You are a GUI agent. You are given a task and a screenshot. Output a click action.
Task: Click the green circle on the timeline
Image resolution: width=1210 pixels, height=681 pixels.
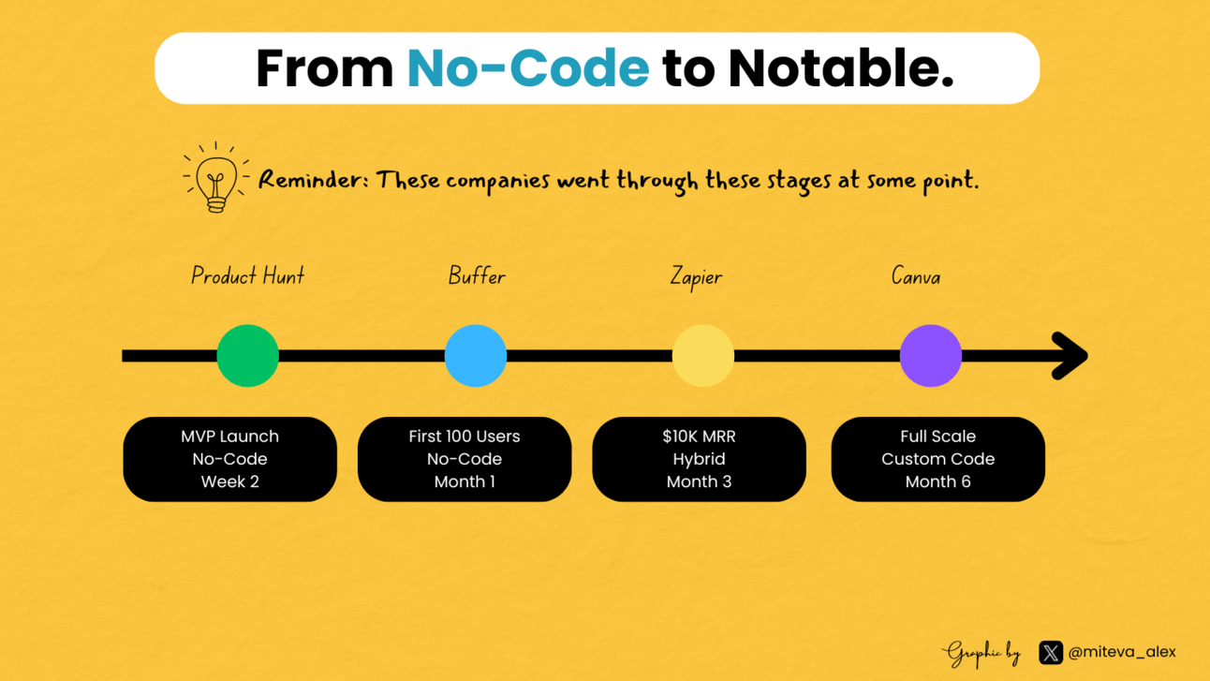click(247, 356)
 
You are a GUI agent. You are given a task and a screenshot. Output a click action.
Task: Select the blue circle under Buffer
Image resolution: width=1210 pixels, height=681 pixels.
click(476, 356)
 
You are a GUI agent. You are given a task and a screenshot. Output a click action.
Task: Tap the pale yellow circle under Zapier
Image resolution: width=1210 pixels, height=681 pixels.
click(702, 356)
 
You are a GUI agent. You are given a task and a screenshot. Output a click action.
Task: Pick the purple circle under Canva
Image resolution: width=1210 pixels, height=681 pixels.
click(930, 356)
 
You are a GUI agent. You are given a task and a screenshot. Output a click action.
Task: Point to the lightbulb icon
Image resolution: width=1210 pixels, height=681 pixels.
click(216, 177)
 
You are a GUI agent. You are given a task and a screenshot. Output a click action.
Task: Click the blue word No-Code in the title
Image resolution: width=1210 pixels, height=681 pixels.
click(528, 68)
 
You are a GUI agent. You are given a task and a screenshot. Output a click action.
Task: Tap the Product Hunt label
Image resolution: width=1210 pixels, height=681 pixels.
click(248, 275)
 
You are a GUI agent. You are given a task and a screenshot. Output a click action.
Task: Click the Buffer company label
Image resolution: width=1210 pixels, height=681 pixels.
click(477, 276)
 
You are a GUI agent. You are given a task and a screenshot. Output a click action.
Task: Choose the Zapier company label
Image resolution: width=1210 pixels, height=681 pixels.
click(696, 276)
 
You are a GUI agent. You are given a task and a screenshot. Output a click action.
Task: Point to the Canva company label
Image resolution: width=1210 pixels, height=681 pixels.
click(916, 276)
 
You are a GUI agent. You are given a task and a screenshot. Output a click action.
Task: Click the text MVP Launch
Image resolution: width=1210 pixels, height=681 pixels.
click(230, 437)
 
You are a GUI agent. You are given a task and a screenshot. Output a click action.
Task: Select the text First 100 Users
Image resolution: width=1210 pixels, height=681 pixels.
click(465, 437)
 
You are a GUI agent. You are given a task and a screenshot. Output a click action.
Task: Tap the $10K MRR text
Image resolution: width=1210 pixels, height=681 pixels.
click(699, 437)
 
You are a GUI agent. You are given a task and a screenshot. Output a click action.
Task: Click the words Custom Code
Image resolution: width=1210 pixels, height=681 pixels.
click(938, 459)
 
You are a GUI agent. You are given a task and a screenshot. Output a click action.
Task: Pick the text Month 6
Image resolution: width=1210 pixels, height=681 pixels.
click(938, 481)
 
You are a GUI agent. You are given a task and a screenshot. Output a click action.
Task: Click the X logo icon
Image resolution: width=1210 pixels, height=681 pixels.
click(1051, 652)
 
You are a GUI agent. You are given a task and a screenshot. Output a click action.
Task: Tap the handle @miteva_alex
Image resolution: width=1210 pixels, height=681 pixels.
click(1122, 652)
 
